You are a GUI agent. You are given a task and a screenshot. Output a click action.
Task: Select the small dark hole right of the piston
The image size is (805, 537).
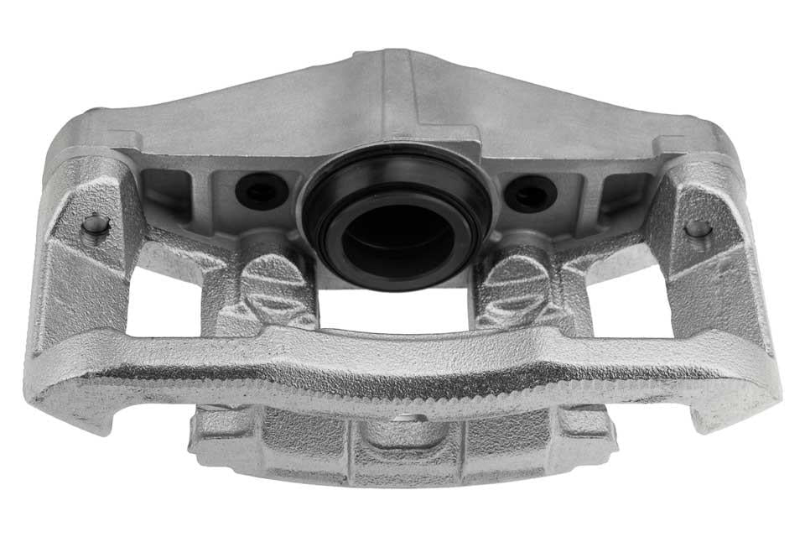tap(530, 194)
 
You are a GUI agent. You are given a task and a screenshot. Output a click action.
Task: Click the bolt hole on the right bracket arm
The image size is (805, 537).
tap(698, 227)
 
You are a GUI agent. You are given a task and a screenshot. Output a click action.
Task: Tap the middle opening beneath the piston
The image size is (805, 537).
tap(394, 310)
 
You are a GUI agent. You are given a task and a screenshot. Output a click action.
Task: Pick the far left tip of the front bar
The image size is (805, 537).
tap(38, 394)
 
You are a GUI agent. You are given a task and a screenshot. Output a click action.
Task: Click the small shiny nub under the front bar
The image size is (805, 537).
tap(408, 417)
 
